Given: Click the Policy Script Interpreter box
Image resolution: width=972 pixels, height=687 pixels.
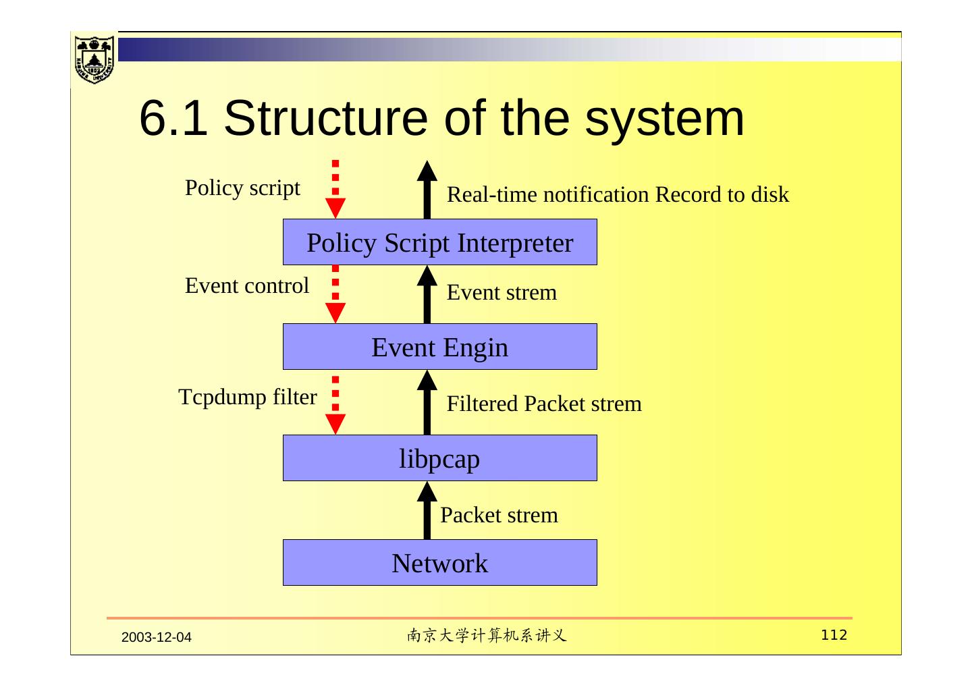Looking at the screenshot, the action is pyautogui.click(x=439, y=242).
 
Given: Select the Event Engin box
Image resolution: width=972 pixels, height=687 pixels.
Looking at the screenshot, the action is pyautogui.click(x=439, y=347).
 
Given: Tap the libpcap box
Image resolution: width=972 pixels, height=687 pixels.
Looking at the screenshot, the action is pyautogui.click(x=439, y=458).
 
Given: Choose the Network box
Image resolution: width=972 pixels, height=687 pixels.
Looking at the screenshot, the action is pyautogui.click(x=439, y=563).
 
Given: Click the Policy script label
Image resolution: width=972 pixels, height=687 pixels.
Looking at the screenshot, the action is pyautogui.click(x=242, y=188).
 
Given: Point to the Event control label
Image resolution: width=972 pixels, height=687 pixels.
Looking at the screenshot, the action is pyautogui.click(x=247, y=285).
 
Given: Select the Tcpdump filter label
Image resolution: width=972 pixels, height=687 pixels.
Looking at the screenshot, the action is pyautogui.click(x=248, y=397).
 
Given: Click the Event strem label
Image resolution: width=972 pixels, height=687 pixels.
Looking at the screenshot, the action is pyautogui.click(x=502, y=292).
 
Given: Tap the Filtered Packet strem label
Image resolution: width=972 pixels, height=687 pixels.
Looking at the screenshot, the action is pyautogui.click(x=544, y=404).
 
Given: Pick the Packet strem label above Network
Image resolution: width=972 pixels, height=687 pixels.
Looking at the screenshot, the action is pyautogui.click(x=499, y=515).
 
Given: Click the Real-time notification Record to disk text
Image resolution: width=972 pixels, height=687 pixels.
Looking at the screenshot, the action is pyautogui.click(x=618, y=194).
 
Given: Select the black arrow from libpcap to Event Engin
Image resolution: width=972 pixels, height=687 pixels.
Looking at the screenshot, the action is pyautogui.click(x=427, y=404).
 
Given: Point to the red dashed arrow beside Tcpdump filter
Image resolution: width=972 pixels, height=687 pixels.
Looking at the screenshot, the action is pyautogui.click(x=335, y=405).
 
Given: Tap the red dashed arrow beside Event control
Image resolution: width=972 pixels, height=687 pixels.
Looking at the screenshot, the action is pyautogui.click(x=335, y=295).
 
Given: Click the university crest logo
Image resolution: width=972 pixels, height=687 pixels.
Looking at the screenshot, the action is pyautogui.click(x=94, y=59).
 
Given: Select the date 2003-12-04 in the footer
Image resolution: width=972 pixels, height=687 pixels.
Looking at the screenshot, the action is pyautogui.click(x=157, y=637).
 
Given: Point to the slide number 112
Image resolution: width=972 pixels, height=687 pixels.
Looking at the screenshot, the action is pyautogui.click(x=834, y=635).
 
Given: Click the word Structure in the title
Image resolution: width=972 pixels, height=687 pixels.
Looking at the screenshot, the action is pyautogui.click(x=325, y=118).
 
